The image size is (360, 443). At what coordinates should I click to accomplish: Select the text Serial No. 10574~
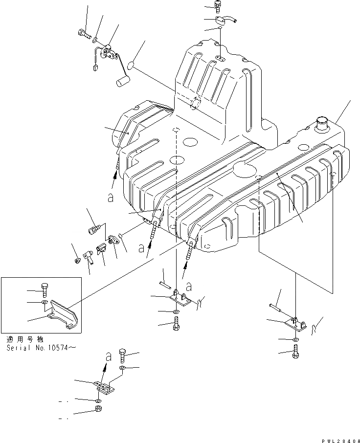(42, 348)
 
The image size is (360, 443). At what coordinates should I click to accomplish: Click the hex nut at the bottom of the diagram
(98, 409)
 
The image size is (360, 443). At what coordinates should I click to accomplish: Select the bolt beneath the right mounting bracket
(295, 351)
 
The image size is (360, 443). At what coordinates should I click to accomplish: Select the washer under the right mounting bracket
(295, 339)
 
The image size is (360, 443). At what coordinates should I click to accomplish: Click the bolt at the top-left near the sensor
(84, 35)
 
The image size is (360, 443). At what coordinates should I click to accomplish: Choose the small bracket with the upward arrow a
(104, 386)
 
